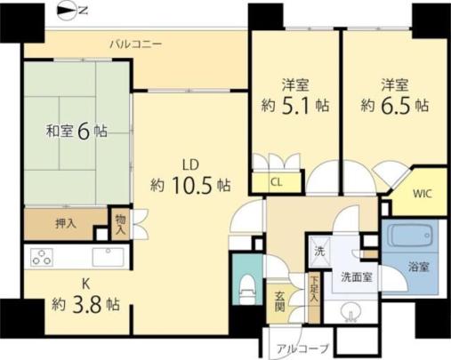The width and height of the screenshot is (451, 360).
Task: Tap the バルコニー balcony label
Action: click(x=136, y=44)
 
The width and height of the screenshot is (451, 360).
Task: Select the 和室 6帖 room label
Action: click(x=77, y=132)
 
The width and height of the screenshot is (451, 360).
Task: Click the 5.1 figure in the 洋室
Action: click(x=295, y=105)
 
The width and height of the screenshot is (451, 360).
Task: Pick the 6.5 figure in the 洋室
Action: click(x=395, y=105)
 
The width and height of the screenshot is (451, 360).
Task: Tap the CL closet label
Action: click(x=276, y=182)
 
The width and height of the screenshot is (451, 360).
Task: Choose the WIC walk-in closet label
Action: click(x=423, y=194)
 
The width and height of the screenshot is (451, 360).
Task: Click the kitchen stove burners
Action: click(x=43, y=257)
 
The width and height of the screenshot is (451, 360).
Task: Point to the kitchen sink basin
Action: click(x=108, y=257)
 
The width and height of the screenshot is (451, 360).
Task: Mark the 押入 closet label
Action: click(x=66, y=224)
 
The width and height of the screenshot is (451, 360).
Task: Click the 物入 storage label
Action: click(x=120, y=225)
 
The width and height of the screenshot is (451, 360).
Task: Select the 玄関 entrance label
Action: click(x=279, y=301)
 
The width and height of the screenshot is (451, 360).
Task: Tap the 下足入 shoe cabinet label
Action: click(x=314, y=290)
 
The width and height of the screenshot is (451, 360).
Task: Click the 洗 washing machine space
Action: click(x=319, y=252)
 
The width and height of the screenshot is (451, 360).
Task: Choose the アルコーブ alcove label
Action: click(x=303, y=348)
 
